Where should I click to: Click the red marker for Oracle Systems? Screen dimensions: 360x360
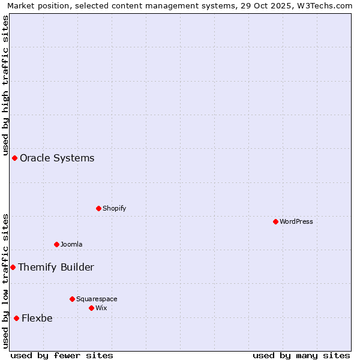tap(14, 158)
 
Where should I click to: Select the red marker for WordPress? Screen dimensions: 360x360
tap(275, 221)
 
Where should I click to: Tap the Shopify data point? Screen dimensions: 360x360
tap(98, 208)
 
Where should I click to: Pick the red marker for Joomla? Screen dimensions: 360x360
tap(56, 244)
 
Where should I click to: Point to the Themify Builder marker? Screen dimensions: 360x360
tap(13, 267)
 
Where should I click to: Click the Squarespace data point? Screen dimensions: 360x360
tap(72, 299)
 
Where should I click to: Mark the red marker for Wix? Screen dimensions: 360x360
tap(91, 308)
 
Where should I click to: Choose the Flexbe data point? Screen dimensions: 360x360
tap(16, 318)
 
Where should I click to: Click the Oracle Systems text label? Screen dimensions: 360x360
tap(57, 158)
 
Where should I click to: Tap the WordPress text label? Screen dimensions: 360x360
tap(296, 221)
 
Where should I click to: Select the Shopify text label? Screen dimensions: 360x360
tap(114, 208)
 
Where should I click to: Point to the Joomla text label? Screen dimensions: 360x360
tap(71, 244)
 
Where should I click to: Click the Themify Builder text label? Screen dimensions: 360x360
tap(56, 268)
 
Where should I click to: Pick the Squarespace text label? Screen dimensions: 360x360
tap(97, 299)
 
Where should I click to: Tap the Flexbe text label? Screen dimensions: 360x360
tap(37, 319)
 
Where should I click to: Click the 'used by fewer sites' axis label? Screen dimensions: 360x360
tap(62, 355)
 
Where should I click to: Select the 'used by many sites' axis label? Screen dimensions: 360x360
tap(301, 355)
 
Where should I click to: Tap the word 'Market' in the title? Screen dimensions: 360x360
tap(22, 5)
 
